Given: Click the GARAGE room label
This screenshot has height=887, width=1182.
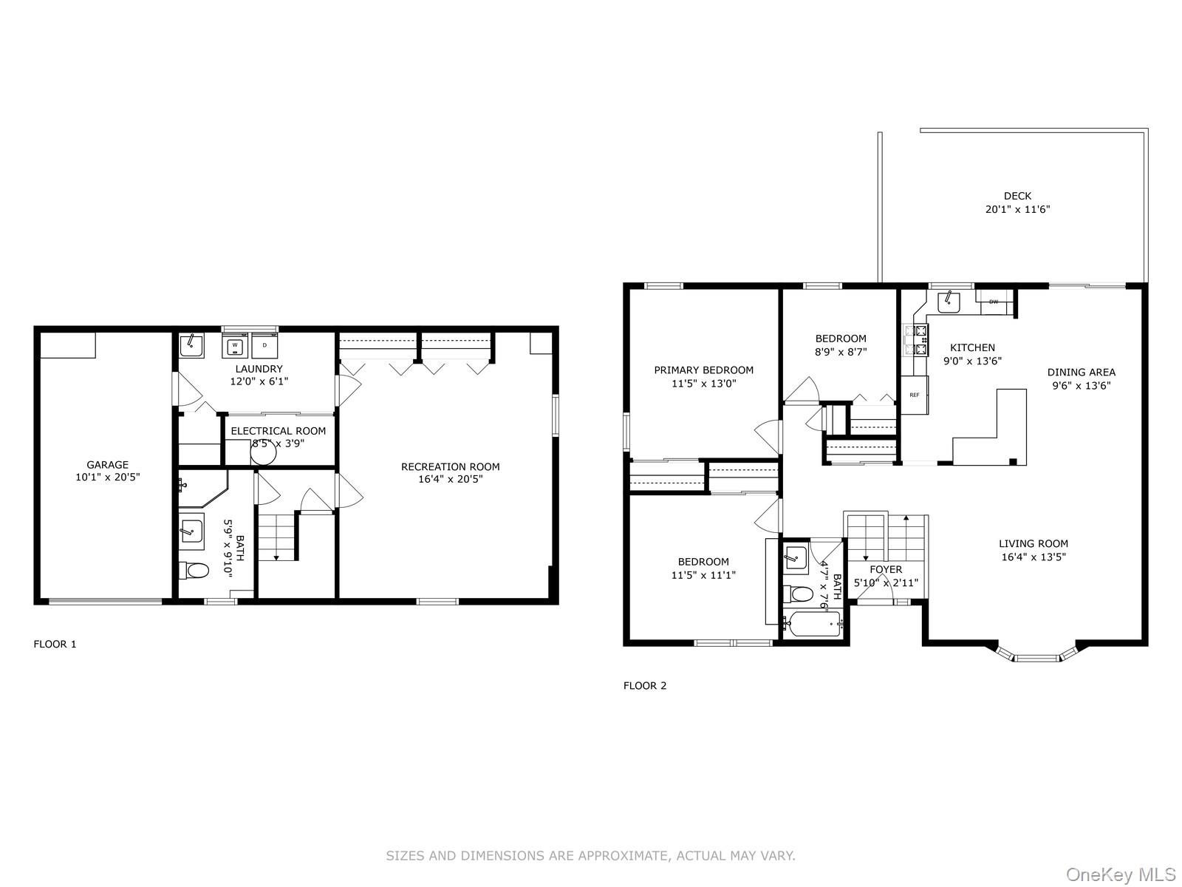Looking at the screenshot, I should (108, 465).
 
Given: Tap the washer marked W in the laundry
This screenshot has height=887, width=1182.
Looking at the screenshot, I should (234, 345).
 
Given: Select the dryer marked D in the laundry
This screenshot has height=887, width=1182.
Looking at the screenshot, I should (264, 345).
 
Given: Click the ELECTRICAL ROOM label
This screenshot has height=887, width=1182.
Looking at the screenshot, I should (278, 431).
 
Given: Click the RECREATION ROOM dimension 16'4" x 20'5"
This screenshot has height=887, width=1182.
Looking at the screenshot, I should (450, 479).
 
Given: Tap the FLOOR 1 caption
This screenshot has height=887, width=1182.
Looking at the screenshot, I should (55, 644).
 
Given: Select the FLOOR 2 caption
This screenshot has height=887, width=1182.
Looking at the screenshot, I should (645, 685).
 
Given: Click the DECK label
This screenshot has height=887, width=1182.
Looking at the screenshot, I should (1017, 196).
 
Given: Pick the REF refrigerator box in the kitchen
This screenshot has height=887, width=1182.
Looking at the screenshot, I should (915, 395).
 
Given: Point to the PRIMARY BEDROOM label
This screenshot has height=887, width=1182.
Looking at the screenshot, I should (703, 370).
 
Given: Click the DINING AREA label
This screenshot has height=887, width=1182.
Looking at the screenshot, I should (1081, 373).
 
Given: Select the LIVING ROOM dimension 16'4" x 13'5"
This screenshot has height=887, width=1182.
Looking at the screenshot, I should (1033, 557).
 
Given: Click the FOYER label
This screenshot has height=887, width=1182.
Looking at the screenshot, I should (886, 569).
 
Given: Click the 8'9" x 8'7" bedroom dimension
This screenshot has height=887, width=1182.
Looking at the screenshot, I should (841, 353).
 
